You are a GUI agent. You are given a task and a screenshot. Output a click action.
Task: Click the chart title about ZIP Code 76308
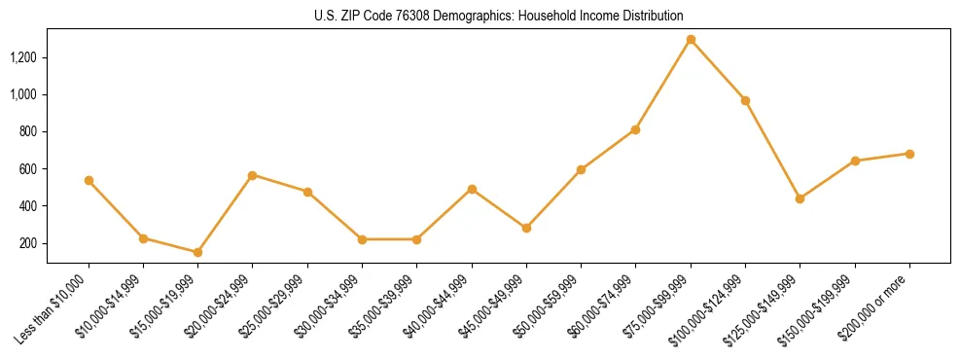click(498, 16)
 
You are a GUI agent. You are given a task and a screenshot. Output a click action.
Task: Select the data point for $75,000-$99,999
click(691, 40)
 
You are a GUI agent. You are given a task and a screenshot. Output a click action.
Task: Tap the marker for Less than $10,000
click(89, 180)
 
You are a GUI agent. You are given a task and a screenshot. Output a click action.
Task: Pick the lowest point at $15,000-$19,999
click(197, 252)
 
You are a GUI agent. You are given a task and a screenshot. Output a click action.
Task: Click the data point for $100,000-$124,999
click(745, 100)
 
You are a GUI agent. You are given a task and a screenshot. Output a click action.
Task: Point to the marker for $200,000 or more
click(909, 154)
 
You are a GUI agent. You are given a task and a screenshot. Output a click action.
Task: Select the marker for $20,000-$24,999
click(252, 175)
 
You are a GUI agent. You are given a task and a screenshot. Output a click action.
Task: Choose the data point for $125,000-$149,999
click(800, 198)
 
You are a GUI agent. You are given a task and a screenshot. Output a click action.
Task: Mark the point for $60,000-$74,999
click(635, 129)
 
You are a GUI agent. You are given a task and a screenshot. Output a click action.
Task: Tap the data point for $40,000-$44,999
click(472, 189)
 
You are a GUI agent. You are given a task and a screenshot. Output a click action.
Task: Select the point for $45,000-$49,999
click(526, 228)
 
